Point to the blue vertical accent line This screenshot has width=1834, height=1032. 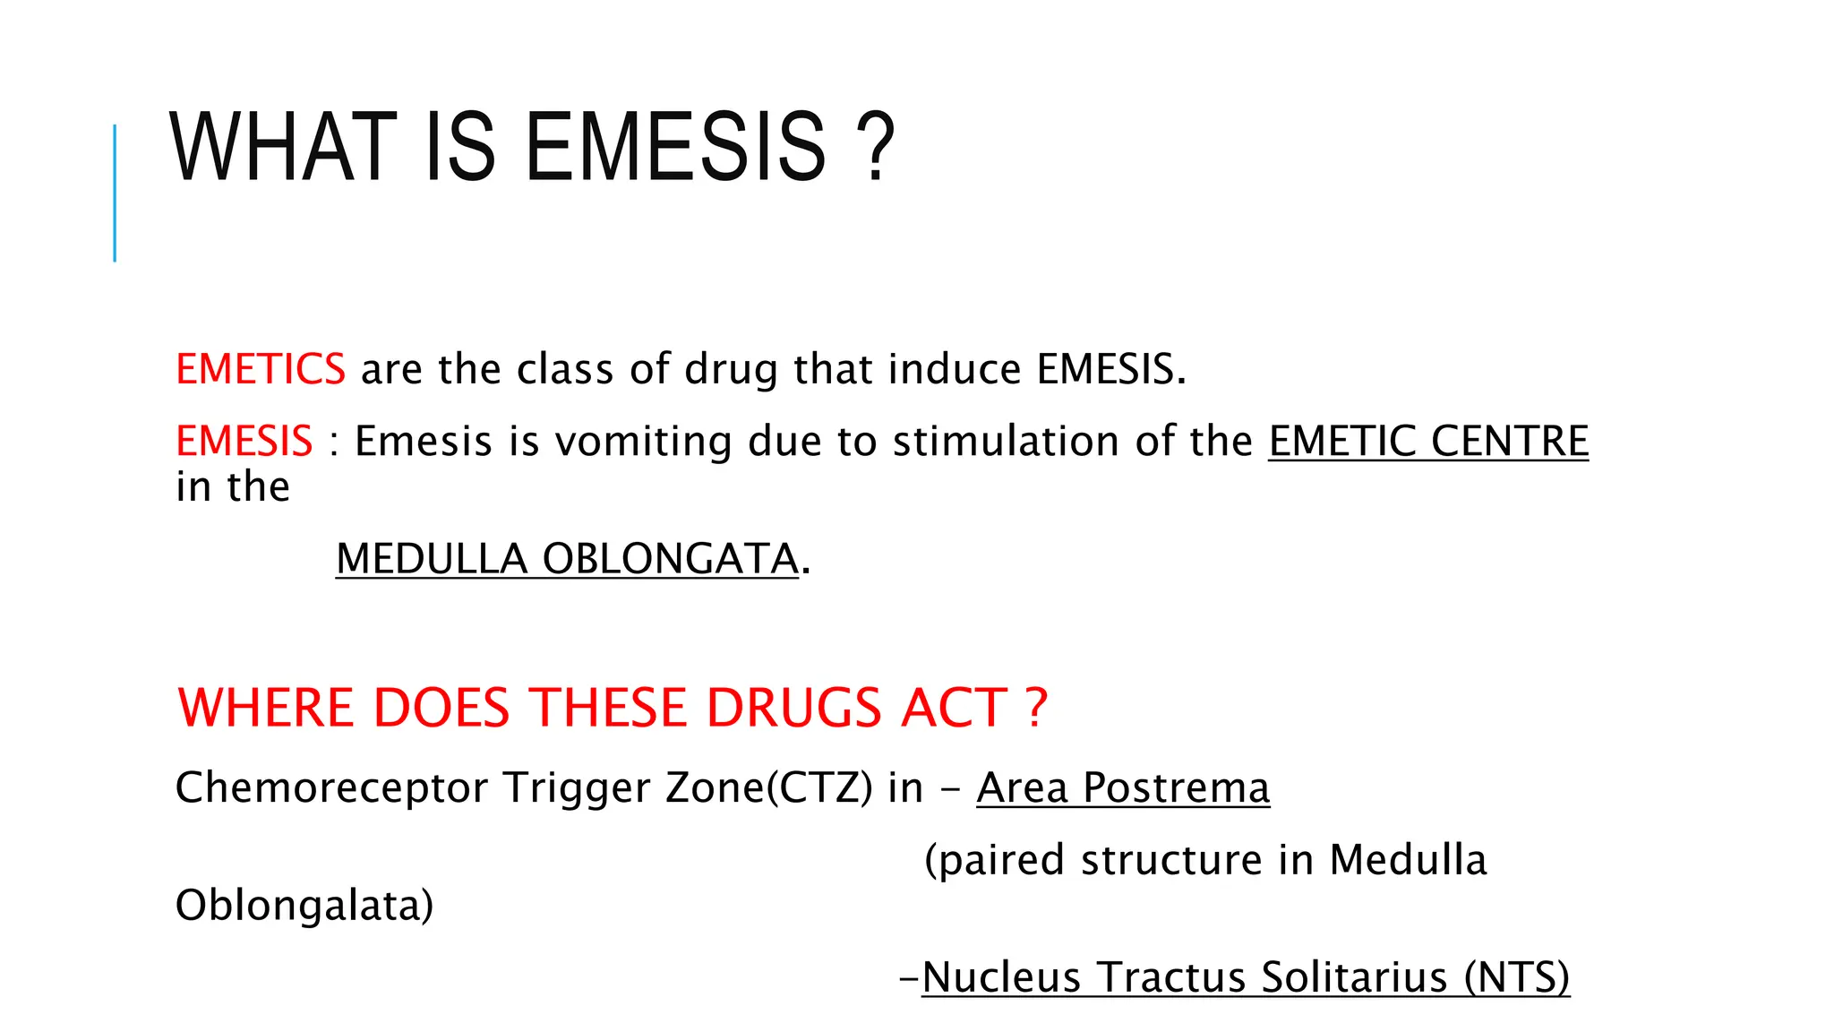(x=115, y=193)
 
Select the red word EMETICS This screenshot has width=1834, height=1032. (x=260, y=369)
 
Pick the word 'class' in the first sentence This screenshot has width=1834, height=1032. (x=565, y=369)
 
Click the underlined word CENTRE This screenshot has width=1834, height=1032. (x=1509, y=442)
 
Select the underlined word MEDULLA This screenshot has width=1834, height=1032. (x=431, y=559)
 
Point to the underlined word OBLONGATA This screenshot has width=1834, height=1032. (x=670, y=559)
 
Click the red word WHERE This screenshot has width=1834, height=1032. (x=266, y=708)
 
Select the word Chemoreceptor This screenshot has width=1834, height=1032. (x=331, y=788)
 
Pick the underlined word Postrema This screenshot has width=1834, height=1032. (x=1176, y=788)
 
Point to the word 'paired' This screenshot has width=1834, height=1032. (x=995, y=861)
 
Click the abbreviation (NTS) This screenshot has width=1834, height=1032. (x=1517, y=977)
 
